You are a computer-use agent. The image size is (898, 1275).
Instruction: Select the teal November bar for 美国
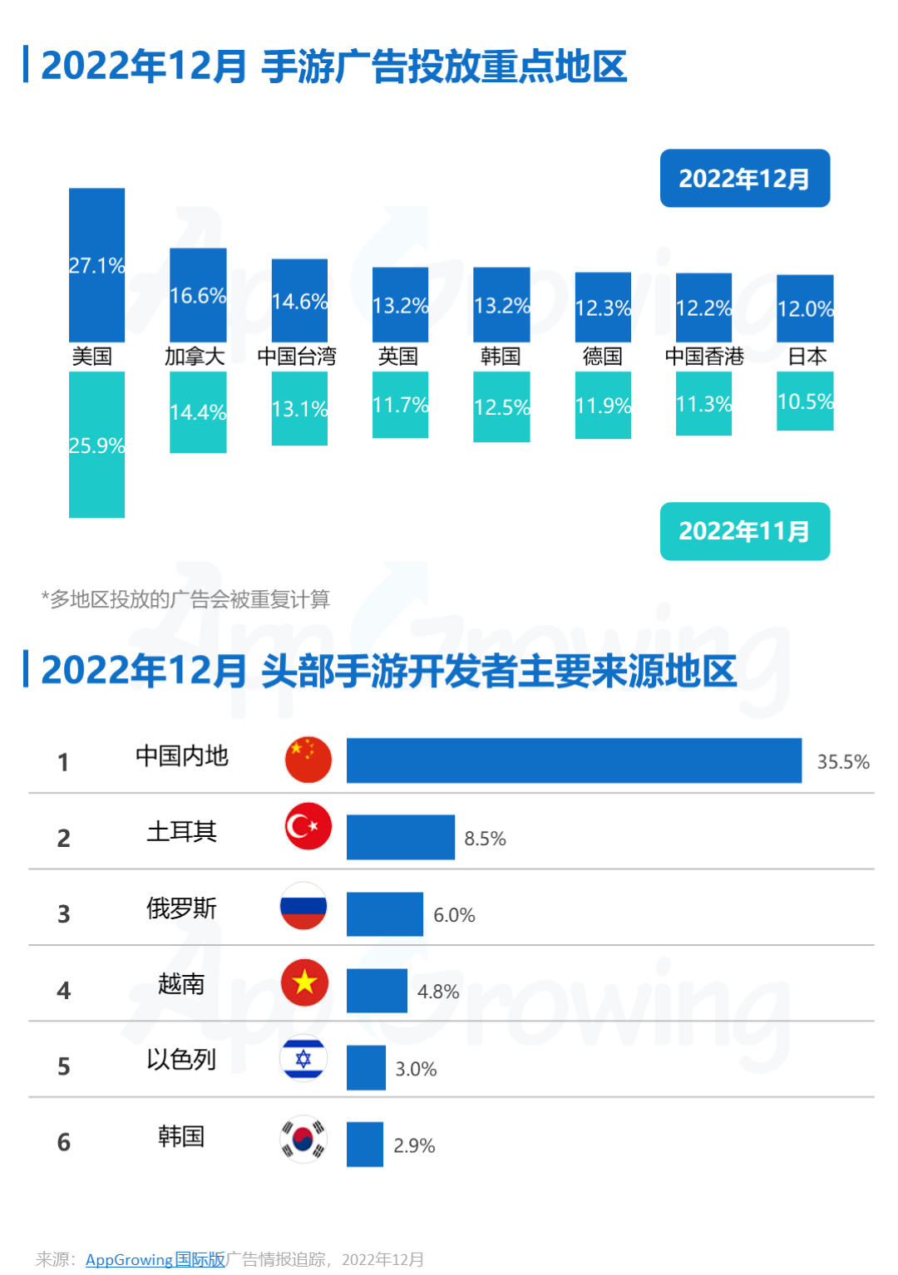point(96,444)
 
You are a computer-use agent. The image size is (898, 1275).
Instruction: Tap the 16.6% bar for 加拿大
point(198,294)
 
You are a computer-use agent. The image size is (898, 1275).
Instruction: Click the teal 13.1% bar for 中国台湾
point(299,408)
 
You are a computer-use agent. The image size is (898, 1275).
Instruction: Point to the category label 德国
point(603,357)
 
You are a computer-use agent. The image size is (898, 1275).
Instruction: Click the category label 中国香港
point(704,357)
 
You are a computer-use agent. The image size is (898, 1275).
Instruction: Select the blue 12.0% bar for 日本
point(805,308)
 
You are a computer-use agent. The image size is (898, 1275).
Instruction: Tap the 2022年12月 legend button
point(744,178)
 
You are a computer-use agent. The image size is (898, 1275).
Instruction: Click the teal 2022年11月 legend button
point(744,531)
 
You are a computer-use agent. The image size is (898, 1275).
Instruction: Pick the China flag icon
point(308,760)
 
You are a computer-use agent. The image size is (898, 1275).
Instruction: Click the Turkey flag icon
point(308,826)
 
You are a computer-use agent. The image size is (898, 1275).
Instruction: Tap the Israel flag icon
point(303,1059)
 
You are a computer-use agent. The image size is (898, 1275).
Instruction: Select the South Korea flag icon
point(303,1138)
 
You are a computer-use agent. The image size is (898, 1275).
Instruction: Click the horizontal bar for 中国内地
point(574,760)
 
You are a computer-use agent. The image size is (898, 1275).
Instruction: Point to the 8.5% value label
point(485,839)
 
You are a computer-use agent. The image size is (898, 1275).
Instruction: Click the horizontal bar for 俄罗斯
point(384,913)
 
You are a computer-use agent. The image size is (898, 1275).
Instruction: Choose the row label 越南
point(181,984)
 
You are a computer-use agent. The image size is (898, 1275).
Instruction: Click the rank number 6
point(64,1143)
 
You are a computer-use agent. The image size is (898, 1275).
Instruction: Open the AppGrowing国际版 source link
point(155,1259)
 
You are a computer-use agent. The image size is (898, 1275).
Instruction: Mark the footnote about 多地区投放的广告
point(185,599)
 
